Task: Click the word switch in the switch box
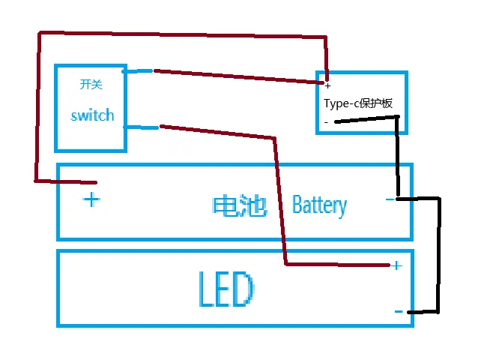point(92,115)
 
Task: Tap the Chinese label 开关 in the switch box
point(91,84)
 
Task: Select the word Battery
point(319,205)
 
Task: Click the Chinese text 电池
point(240,205)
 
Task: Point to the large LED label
point(226,289)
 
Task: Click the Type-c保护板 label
point(358,103)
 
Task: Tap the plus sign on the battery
point(91,199)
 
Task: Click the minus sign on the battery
point(390,199)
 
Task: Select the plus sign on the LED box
point(397,265)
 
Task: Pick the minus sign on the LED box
point(399,311)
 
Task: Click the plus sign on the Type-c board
point(327,85)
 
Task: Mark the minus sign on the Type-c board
point(326,122)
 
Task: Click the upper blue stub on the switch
point(138,71)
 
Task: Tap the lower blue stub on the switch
point(141,127)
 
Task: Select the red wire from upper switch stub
point(239,77)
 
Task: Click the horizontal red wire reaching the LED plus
point(337,265)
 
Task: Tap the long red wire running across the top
point(182,34)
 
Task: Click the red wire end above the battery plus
point(97,183)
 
